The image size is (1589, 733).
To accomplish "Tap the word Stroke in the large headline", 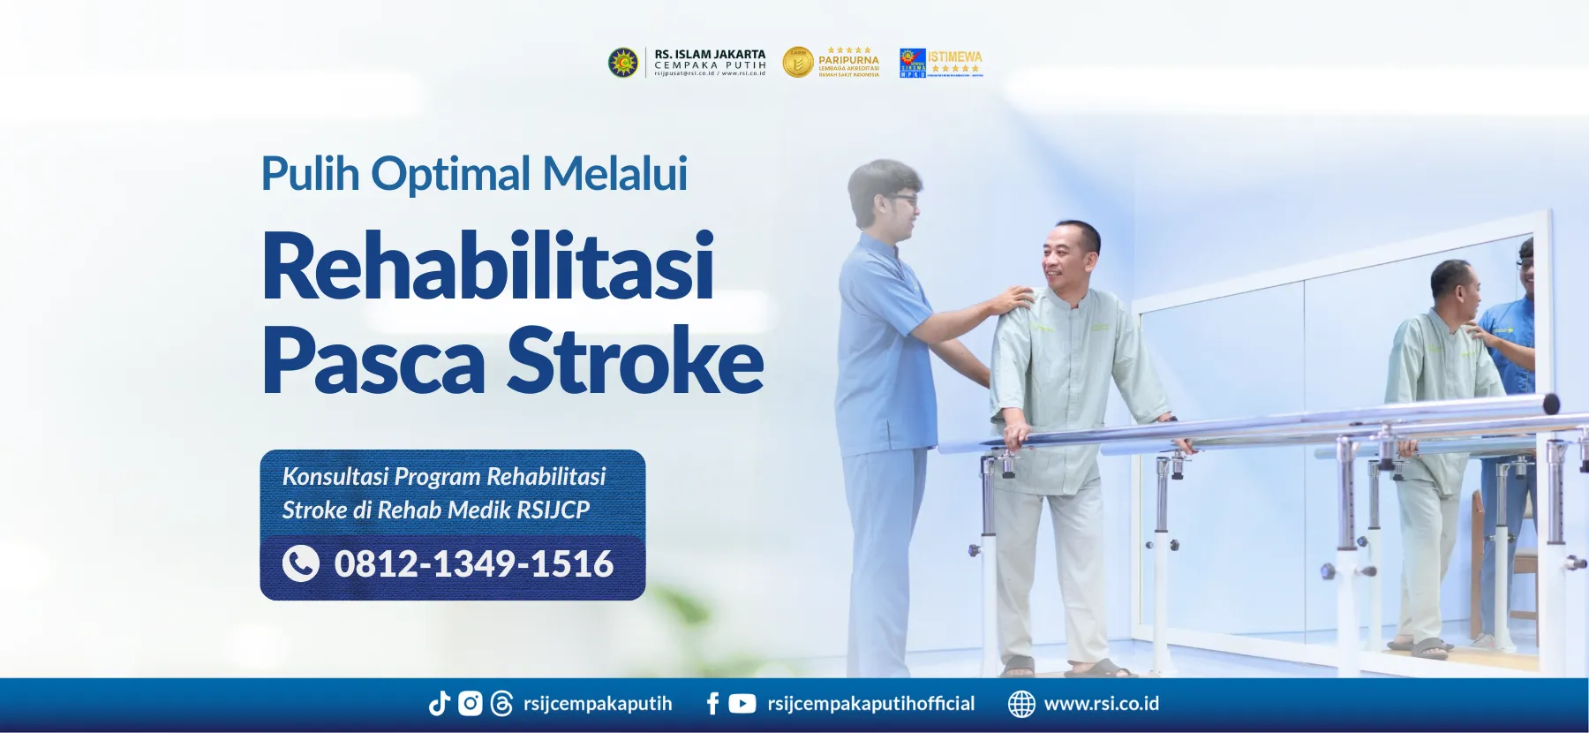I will (635, 360).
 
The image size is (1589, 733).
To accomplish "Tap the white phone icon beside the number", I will (301, 563).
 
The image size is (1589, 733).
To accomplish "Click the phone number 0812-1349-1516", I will (473, 563).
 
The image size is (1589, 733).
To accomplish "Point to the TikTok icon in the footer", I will (439, 703).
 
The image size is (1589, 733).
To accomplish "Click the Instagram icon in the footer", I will (470, 703).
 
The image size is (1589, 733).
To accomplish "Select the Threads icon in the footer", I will (501, 703).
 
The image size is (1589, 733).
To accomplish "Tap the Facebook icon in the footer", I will (712, 703).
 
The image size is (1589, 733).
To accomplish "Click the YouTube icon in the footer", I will (742, 703).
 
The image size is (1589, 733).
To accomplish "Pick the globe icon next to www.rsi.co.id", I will (1021, 703).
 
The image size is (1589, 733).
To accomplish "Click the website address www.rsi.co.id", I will (1101, 703).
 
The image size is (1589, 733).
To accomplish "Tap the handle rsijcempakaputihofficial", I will (870, 703).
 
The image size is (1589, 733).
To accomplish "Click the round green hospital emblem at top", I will (623, 63).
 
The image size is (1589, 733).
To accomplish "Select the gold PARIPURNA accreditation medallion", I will (798, 62).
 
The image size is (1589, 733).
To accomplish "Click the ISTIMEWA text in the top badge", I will (954, 57).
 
